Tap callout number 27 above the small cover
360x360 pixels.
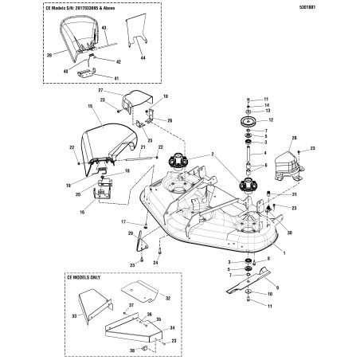(x=100, y=92)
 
